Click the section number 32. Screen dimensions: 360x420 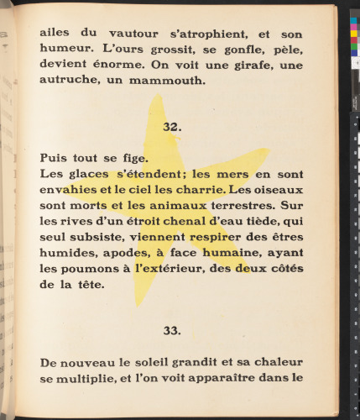tap(171, 127)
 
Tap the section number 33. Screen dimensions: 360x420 tap(171, 330)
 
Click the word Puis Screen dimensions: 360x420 tap(55, 157)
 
